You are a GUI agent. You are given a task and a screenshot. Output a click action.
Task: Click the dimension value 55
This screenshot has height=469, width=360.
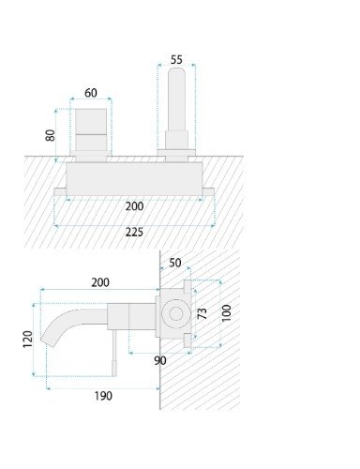(x=176, y=59)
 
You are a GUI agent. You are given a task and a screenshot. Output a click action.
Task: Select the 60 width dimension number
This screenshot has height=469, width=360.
(x=91, y=93)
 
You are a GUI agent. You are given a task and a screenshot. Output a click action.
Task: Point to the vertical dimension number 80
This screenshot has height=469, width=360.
(x=51, y=135)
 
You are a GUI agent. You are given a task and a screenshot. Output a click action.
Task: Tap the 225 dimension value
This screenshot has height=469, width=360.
(x=134, y=232)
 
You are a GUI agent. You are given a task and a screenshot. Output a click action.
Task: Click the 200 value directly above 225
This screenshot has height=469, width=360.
(x=134, y=206)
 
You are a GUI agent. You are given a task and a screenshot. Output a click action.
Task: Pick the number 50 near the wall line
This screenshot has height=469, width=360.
(x=175, y=263)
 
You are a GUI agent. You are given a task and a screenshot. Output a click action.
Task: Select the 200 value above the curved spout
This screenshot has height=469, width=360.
(x=100, y=282)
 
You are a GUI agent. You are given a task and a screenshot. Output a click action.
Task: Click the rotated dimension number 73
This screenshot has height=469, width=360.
(x=202, y=313)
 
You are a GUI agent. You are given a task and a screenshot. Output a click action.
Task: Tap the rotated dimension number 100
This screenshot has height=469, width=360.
(x=226, y=313)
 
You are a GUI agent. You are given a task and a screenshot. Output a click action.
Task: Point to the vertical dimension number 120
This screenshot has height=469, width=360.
(x=27, y=339)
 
